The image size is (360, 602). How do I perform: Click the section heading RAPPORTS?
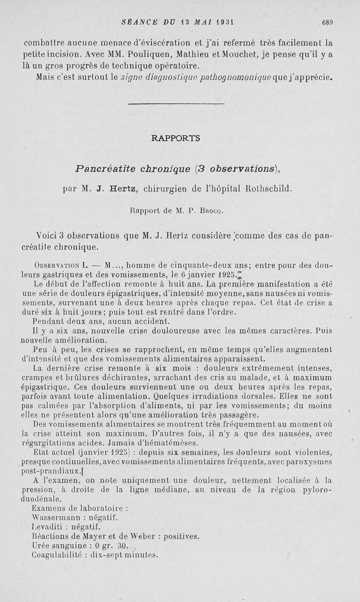coord(176,138)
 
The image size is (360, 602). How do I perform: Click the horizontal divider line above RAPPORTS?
coord(176,104)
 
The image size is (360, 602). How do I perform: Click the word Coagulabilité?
coord(57,555)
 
